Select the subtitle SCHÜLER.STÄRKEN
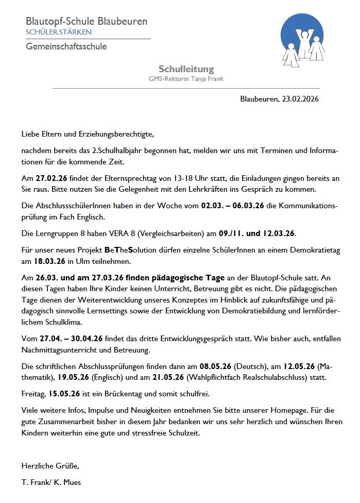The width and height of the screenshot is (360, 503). pos(59,32)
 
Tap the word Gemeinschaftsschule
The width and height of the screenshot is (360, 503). pos(66,46)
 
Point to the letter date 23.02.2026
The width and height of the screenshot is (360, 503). pos(300,98)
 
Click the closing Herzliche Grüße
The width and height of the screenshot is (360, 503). pos(50,466)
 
